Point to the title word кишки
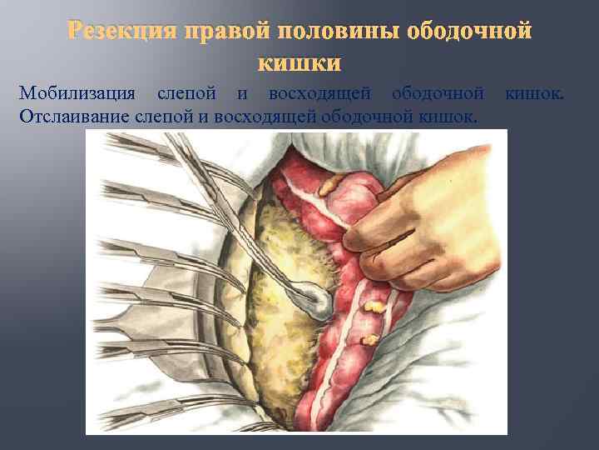(299, 63)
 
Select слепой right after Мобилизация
(191, 92)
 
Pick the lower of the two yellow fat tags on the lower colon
(366, 340)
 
